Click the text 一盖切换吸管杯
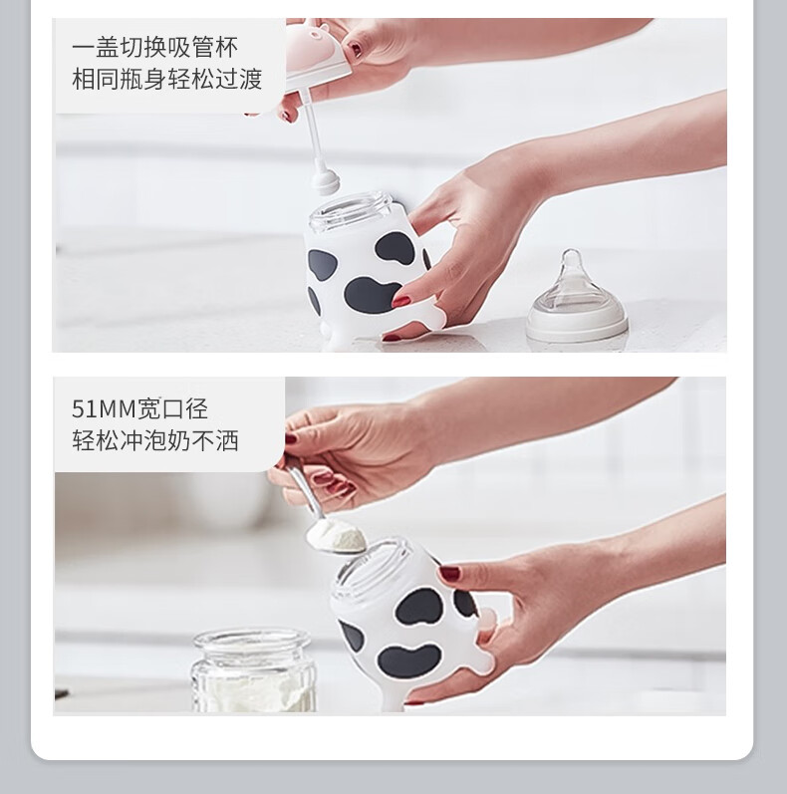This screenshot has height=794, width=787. [x=154, y=48]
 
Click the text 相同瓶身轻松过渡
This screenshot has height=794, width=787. [x=167, y=80]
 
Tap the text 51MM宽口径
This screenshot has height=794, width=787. [x=139, y=408]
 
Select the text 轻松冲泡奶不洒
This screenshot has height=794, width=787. [x=155, y=440]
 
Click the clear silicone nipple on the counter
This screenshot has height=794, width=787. [x=577, y=296]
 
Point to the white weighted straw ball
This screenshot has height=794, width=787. [x=325, y=181]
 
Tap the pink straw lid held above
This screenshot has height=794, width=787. [x=314, y=51]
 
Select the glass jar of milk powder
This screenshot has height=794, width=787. [x=253, y=669]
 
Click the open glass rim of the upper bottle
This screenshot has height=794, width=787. [x=352, y=207]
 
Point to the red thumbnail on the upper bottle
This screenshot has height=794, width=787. [x=402, y=302]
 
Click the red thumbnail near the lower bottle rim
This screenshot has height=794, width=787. [x=449, y=574]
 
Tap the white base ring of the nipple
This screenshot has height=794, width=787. [x=577, y=327]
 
